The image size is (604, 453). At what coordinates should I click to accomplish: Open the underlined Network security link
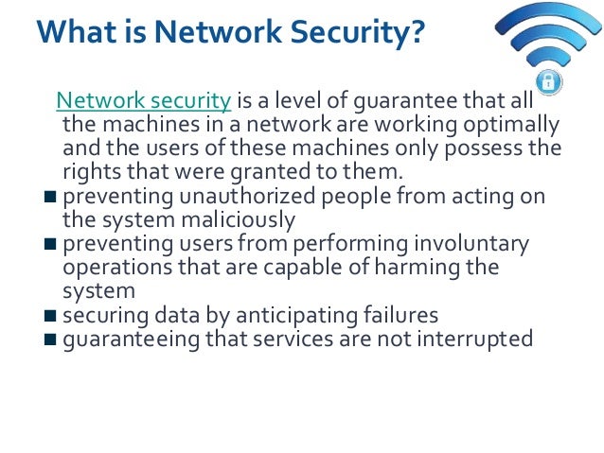click(x=144, y=100)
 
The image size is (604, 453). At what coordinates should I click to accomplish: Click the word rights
click(x=88, y=172)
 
